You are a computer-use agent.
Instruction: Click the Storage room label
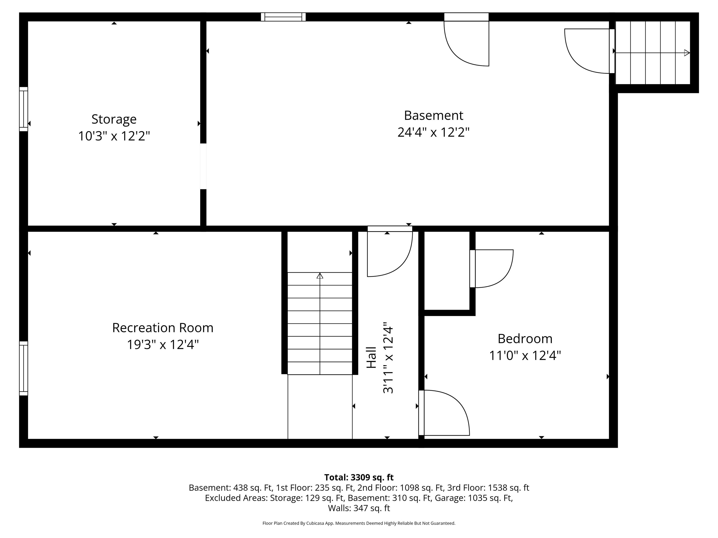pos(114,119)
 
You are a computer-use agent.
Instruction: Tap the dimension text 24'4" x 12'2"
pos(433,132)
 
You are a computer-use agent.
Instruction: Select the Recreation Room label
pos(163,328)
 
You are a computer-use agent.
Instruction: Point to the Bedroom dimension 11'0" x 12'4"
pos(525,356)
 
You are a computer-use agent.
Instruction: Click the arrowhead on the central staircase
pos(320,276)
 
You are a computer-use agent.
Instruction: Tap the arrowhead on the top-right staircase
pos(686,53)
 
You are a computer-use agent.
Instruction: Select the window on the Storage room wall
pos(23,109)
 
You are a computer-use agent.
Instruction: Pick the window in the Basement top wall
pos(283,17)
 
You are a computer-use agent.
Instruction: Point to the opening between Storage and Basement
pos(203,166)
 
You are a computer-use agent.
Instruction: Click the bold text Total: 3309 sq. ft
pos(359,477)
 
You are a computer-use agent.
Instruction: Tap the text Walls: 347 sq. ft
pos(359,508)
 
